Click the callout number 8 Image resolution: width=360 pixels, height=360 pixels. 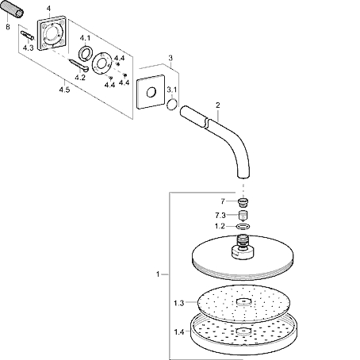[x=8, y=27]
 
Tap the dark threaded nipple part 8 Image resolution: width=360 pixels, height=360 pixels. [x=12, y=10]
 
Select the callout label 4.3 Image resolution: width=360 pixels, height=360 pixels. [x=28, y=48]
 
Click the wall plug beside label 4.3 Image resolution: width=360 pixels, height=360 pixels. [x=27, y=35]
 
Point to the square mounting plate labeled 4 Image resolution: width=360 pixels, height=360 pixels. [x=52, y=33]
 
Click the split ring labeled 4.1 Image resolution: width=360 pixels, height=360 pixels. [x=85, y=53]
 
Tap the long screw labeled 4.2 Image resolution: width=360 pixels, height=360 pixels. [x=78, y=65]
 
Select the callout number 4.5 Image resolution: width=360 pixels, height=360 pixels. [x=64, y=90]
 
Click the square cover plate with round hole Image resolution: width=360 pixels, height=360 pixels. [x=151, y=92]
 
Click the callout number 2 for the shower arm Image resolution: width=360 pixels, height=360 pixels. [x=217, y=105]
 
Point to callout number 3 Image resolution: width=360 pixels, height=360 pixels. [x=170, y=58]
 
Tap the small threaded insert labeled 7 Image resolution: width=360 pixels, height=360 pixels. [x=243, y=202]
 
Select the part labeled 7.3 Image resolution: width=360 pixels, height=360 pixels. [x=243, y=216]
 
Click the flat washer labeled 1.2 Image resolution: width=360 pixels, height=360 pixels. [x=243, y=226]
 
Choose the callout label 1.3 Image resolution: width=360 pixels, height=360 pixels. [x=178, y=303]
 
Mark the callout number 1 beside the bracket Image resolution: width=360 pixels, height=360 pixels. [x=158, y=274]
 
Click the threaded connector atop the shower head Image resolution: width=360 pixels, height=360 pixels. [x=243, y=241]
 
